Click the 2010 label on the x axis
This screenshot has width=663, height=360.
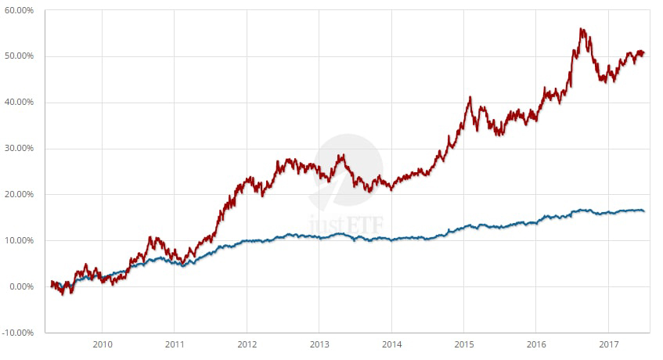(103, 344)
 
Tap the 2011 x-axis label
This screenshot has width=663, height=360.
(175, 344)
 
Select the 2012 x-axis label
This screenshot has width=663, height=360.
(247, 344)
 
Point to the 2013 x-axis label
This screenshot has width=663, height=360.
(319, 344)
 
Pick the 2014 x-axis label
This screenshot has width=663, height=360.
(391, 344)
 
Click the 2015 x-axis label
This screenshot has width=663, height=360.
(463, 344)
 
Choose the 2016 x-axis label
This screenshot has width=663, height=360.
(536, 344)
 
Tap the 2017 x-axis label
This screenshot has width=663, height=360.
(608, 344)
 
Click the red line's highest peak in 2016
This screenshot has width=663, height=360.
(582, 29)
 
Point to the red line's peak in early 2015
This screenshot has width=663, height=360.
(470, 98)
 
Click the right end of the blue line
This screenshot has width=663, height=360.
(643, 211)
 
